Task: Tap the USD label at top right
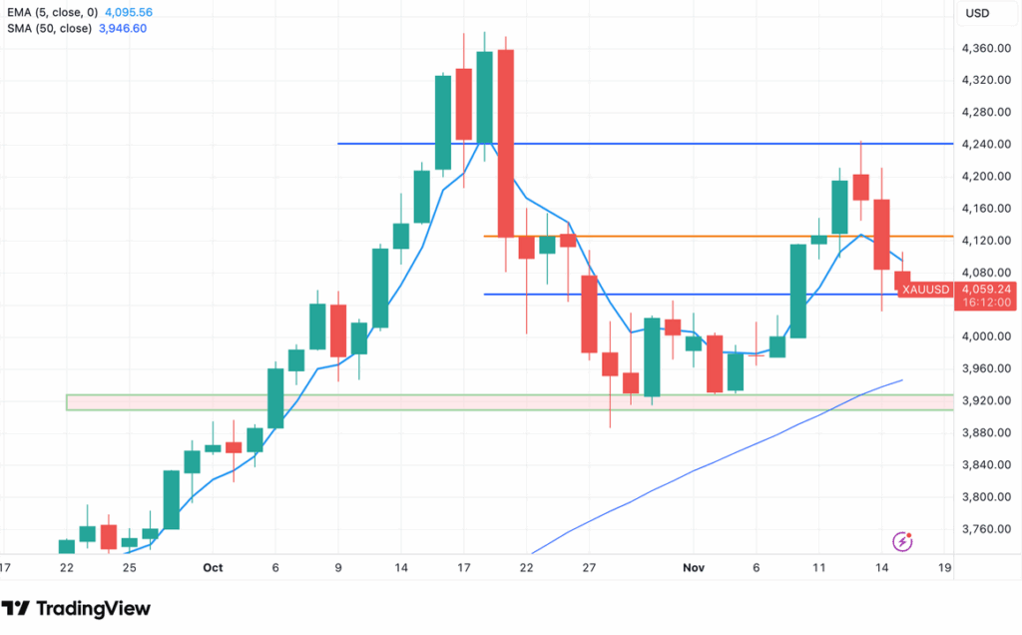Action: pyautogui.click(x=979, y=14)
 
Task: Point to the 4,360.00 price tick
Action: pyautogui.click(x=986, y=49)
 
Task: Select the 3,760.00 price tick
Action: pyautogui.click(x=986, y=529)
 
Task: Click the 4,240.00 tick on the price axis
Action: pyautogui.click(x=986, y=145)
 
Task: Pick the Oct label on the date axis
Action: pyautogui.click(x=213, y=567)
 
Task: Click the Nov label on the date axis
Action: pyautogui.click(x=695, y=567)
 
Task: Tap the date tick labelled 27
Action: pyautogui.click(x=589, y=567)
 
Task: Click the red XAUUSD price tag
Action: pyautogui.click(x=924, y=290)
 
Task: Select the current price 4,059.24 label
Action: pyautogui.click(x=986, y=289)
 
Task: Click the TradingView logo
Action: pyautogui.click(x=76, y=608)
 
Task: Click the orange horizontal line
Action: pyautogui.click(x=699, y=237)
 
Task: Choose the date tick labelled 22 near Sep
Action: pyautogui.click(x=67, y=567)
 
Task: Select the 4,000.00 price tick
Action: pyautogui.click(x=986, y=336)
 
